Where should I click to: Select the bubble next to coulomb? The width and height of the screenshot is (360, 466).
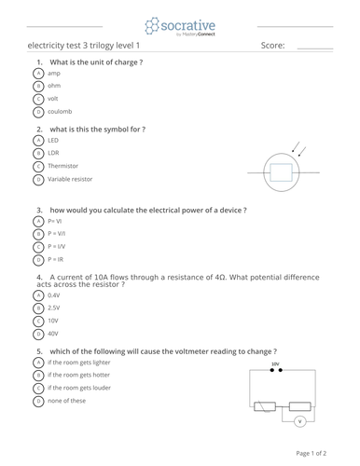click(x=38, y=112)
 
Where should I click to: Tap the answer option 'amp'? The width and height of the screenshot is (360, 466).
click(x=54, y=73)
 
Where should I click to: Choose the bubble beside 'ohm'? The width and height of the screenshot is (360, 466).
click(x=38, y=86)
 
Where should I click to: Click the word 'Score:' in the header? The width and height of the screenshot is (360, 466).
click(x=273, y=45)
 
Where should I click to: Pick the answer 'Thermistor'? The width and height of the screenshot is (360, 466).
click(x=62, y=166)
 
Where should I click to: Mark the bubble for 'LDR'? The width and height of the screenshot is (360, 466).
click(x=38, y=153)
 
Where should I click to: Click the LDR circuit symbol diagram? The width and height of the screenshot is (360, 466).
click(x=280, y=171)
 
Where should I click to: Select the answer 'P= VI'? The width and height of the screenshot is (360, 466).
click(x=55, y=222)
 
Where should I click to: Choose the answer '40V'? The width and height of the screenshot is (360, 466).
click(x=53, y=333)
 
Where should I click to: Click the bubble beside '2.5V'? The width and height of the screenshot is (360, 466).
click(x=38, y=307)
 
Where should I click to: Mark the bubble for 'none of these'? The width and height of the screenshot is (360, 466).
click(x=38, y=401)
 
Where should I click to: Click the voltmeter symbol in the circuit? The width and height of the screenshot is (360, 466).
click(x=300, y=421)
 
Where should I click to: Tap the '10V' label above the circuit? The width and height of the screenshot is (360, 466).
click(x=275, y=364)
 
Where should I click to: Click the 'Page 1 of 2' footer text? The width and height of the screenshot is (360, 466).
click(x=312, y=453)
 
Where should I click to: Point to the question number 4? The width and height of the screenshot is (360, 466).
click(x=40, y=277)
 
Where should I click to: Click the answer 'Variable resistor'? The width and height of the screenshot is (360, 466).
click(x=70, y=179)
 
